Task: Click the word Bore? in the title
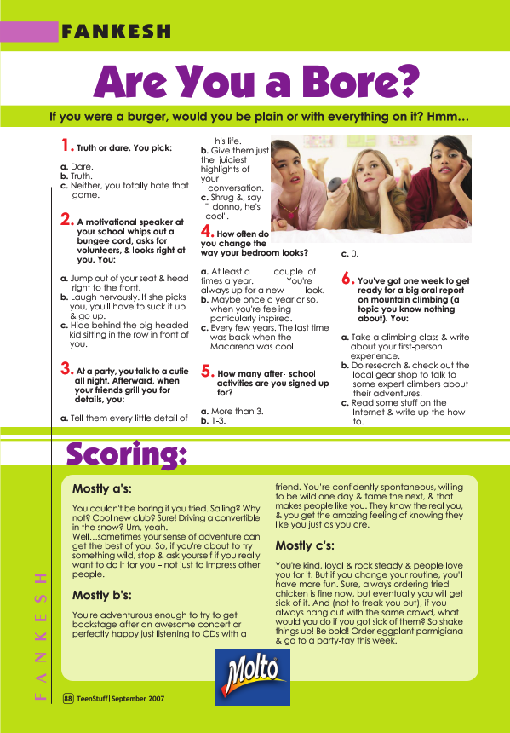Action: point(349,81)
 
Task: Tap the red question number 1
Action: point(66,145)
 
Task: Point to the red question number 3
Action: point(66,369)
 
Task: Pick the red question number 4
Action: point(207,231)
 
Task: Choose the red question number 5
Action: point(207,371)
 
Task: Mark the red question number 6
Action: point(347,277)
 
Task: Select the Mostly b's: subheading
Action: point(101,595)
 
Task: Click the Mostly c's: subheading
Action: point(305,545)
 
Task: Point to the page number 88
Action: point(67,699)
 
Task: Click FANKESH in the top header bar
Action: point(116,32)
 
